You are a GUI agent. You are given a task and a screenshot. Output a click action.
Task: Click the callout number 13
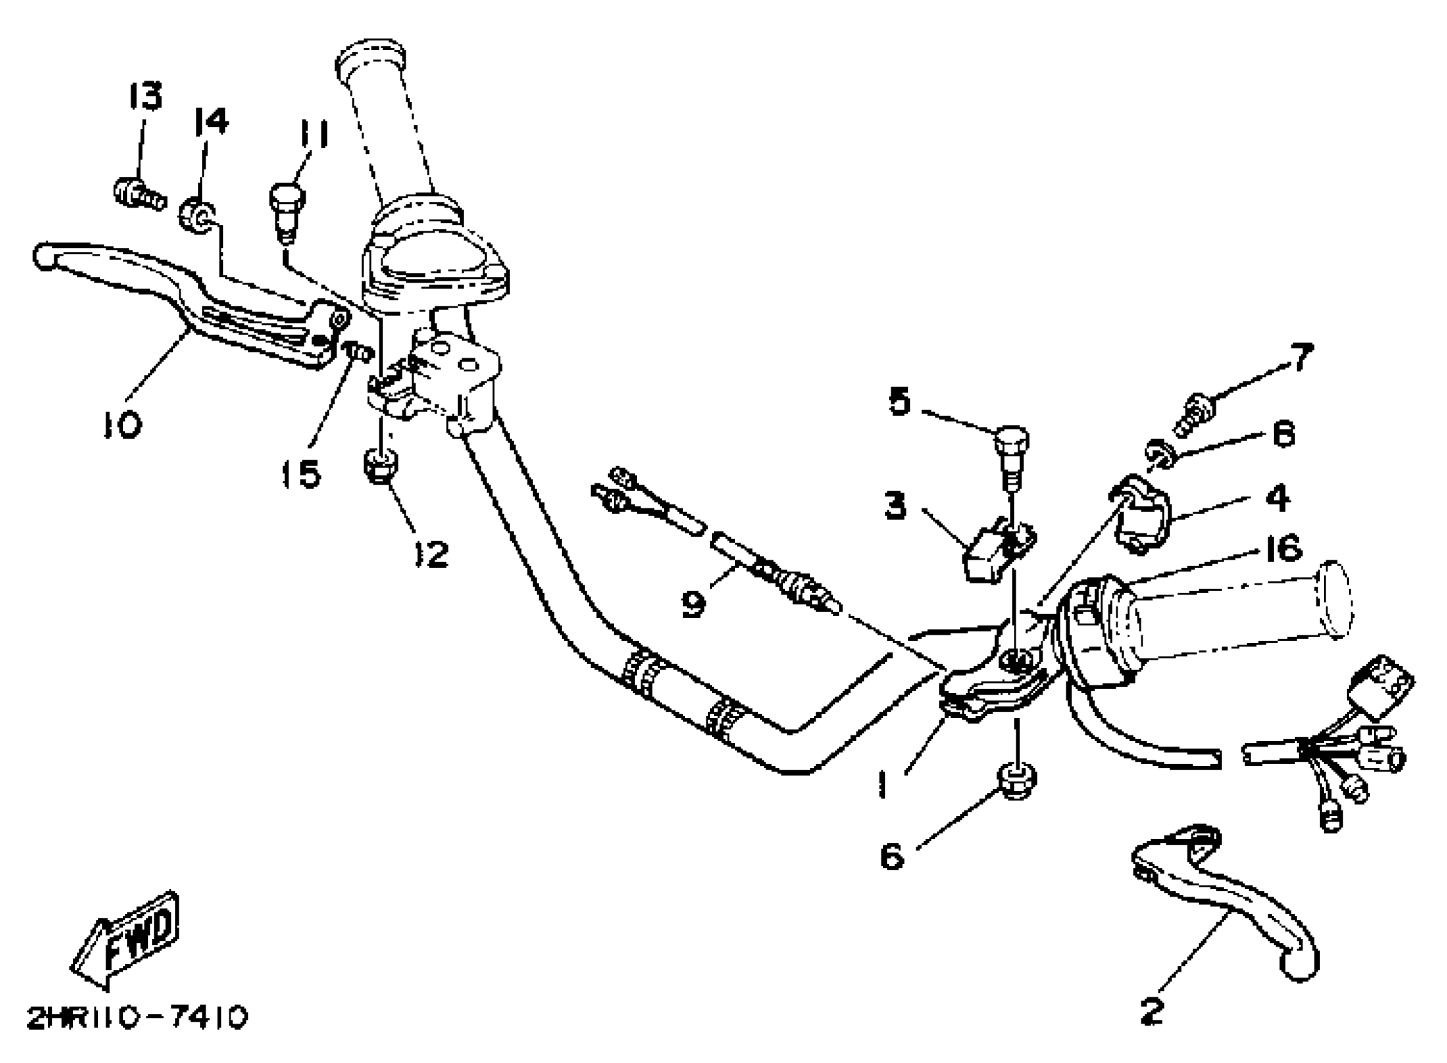145,97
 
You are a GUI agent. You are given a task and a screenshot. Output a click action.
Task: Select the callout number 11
313,136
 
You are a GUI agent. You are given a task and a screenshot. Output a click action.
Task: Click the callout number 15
302,474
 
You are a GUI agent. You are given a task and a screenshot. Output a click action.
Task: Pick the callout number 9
694,603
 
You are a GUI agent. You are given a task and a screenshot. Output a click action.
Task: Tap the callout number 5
899,403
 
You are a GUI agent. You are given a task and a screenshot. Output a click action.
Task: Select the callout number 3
896,506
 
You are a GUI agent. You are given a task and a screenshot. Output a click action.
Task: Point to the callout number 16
1281,549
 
